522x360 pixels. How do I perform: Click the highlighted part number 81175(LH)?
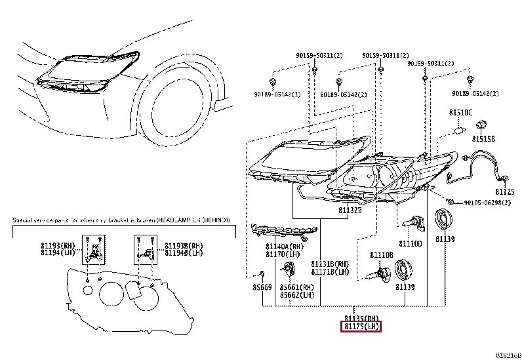pyautogui.click(x=361, y=326)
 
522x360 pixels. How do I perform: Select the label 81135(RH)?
pyautogui.click(x=361, y=317)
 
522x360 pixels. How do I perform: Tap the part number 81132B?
pyautogui.click(x=351, y=210)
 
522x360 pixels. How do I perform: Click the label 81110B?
pyautogui.click(x=380, y=254)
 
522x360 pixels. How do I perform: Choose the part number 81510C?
pyautogui.click(x=460, y=113)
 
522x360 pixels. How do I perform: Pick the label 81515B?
pyautogui.click(x=484, y=140)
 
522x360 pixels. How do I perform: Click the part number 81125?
pyautogui.click(x=505, y=191)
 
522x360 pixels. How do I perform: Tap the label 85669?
pyautogui.click(x=262, y=287)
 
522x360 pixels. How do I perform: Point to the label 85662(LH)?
pyautogui.click(x=296, y=294)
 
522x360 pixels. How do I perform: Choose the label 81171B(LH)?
pyautogui.click(x=329, y=271)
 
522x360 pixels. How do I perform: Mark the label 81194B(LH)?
pyautogui.click(x=177, y=252)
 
